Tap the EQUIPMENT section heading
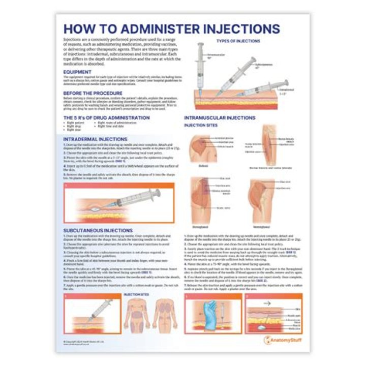[77, 72]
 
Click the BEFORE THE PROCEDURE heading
[93, 93]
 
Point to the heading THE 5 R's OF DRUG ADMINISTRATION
[107, 117]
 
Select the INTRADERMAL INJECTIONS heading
[96, 139]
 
